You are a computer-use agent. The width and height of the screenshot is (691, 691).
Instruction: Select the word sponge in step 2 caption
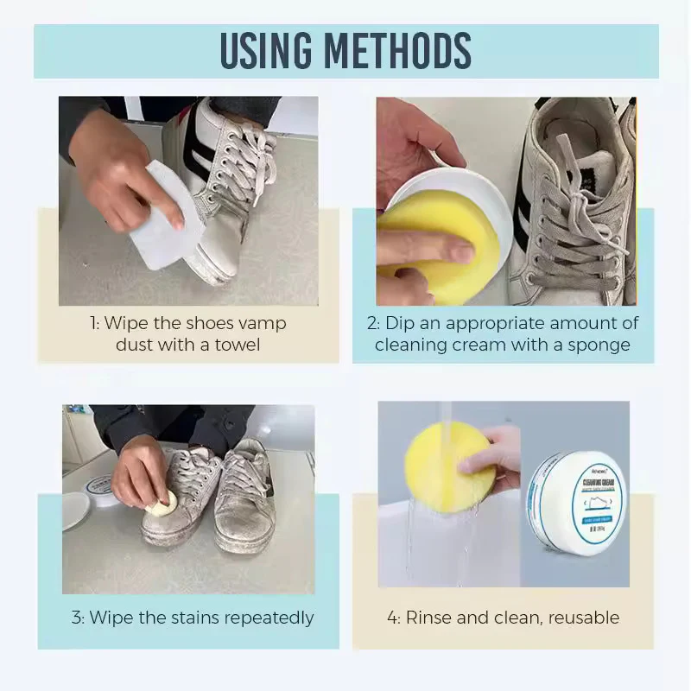597,345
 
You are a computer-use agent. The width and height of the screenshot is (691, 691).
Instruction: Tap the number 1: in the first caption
95,323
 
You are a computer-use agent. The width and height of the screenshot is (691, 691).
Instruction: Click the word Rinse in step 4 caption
429,618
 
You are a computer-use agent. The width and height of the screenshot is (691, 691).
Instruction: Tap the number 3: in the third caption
78,618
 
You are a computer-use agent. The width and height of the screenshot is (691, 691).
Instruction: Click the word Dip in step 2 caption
400,323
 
